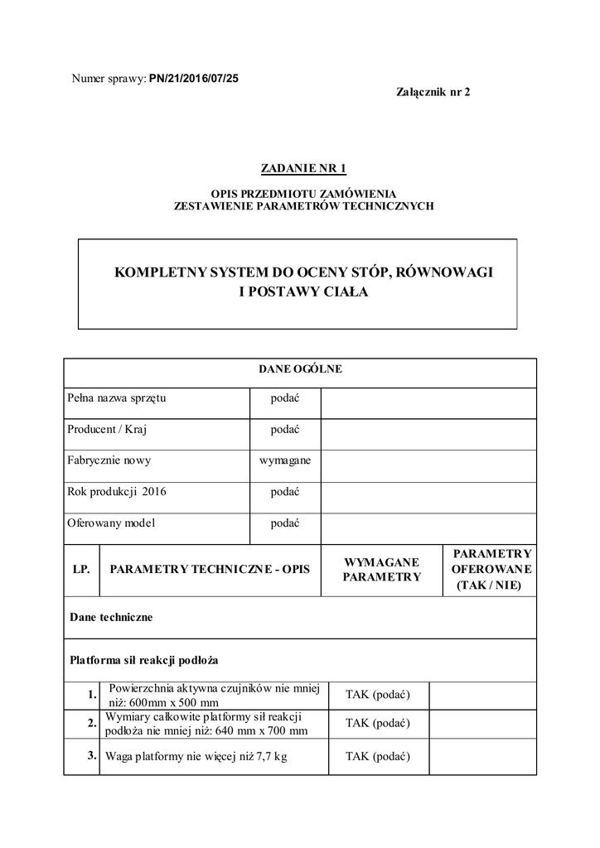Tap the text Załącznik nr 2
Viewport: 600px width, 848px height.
coord(433,92)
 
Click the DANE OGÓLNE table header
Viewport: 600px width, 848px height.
coord(300,369)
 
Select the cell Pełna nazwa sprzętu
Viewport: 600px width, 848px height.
coord(117,398)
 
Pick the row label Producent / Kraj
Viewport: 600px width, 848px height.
coord(107,430)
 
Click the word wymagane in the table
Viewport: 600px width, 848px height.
coord(285,460)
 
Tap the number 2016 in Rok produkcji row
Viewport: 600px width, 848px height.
coord(154,492)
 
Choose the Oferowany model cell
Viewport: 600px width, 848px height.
coord(111,523)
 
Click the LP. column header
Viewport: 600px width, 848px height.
coord(81,570)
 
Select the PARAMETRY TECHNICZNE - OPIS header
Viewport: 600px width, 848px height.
coord(210,570)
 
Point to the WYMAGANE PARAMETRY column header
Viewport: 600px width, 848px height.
coord(382,569)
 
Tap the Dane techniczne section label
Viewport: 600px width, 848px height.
coord(111,617)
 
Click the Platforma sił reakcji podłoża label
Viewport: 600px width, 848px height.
coord(143,661)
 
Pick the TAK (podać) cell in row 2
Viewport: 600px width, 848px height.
coord(378,723)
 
